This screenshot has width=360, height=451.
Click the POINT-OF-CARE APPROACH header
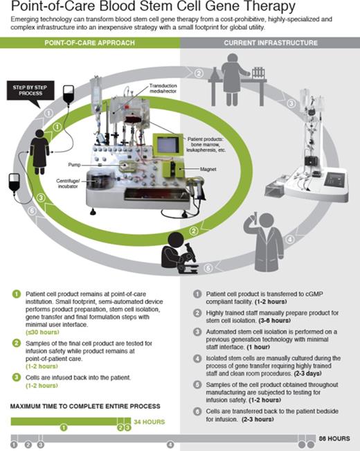pos(90,43)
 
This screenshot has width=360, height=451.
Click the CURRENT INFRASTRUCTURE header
pos(271,43)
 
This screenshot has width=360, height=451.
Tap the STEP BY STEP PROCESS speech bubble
pos(30,90)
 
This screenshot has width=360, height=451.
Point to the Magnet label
pos(208,169)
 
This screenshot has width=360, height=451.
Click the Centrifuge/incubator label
pos(68,184)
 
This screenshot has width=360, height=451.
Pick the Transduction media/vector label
pos(163,88)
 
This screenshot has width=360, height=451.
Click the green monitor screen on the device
pos(168,145)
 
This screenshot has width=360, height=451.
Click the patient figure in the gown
pos(39,152)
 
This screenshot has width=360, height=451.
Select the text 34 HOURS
pos(150,422)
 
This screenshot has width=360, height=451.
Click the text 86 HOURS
pos(334,439)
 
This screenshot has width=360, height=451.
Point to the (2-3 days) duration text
pos(307,373)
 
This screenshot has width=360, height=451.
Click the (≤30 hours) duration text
pos(42,333)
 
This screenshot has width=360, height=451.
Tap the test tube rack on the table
pos(258,73)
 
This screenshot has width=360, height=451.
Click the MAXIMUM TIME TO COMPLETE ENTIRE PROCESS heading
pos(85,407)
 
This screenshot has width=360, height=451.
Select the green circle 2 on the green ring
pos(194,231)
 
